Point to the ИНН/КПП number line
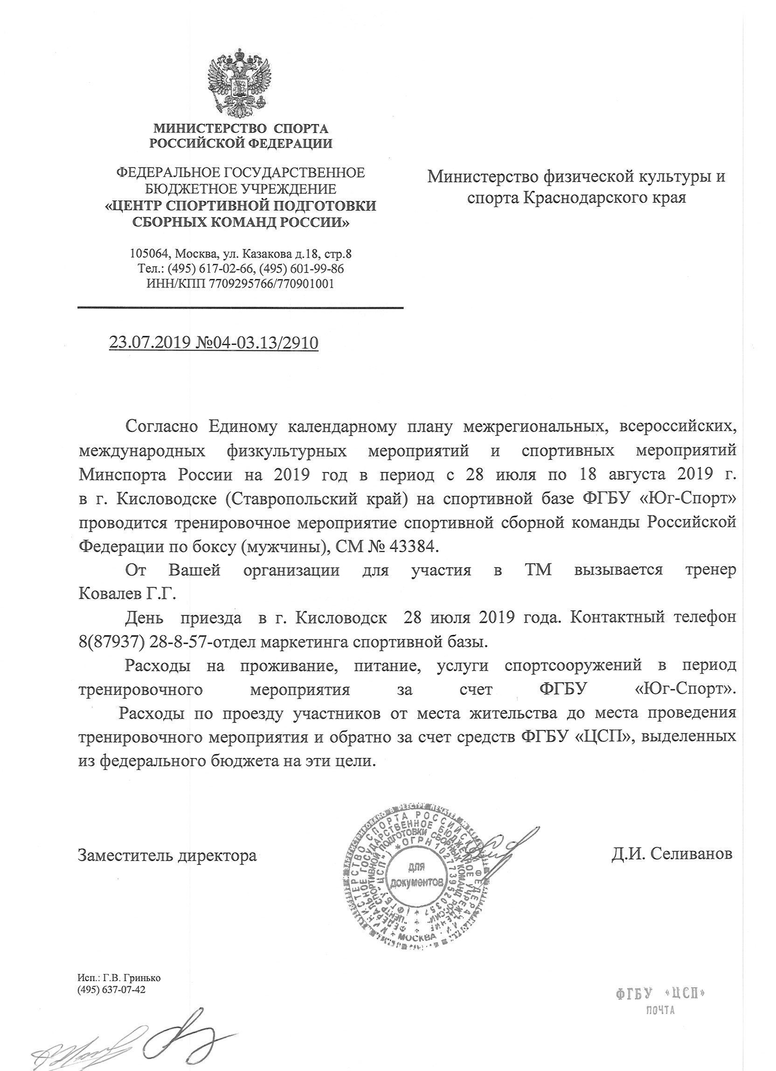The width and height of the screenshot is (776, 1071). (x=241, y=284)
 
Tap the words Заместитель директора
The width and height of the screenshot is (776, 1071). (x=167, y=855)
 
